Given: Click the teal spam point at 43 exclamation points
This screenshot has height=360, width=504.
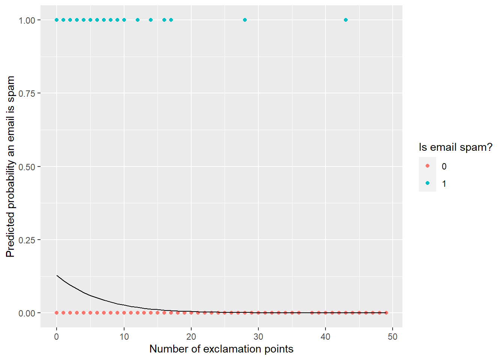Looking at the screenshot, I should pyautogui.click(x=346, y=20).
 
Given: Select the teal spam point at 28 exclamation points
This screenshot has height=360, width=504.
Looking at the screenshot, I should pyautogui.click(x=245, y=20).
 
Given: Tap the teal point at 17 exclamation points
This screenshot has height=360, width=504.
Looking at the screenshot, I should pyautogui.click(x=171, y=20).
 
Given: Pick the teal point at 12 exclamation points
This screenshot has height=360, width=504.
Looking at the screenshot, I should pyautogui.click(x=137, y=20).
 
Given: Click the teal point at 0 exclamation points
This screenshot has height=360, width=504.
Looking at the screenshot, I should pyautogui.click(x=57, y=20).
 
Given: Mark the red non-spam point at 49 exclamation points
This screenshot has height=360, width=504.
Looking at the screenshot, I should pyautogui.click(x=386, y=313).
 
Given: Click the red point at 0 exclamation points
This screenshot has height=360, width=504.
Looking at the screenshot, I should pyautogui.click(x=57, y=313).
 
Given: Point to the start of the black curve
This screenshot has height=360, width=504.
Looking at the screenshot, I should pyautogui.click(x=57, y=276).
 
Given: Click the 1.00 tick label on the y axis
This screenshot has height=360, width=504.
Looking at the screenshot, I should pyautogui.click(x=27, y=20).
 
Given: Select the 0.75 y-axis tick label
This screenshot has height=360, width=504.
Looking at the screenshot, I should pyautogui.click(x=27, y=93).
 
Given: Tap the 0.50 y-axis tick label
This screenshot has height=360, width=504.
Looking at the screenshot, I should pyautogui.click(x=27, y=167).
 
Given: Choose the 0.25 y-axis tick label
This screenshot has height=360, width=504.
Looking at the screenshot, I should pyautogui.click(x=27, y=240).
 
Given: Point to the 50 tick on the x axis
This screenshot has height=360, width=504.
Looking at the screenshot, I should pyautogui.click(x=393, y=337).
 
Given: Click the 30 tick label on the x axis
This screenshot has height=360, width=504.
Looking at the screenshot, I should pyautogui.click(x=258, y=337).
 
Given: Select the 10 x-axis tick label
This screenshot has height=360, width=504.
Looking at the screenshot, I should pyautogui.click(x=124, y=337).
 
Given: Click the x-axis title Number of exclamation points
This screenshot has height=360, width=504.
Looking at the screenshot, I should pyautogui.click(x=221, y=349).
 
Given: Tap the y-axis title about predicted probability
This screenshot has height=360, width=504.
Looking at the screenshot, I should pyautogui.click(x=10, y=166).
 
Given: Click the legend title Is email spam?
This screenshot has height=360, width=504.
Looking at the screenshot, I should pyautogui.click(x=455, y=147).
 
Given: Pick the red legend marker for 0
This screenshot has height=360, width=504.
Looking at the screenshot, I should pyautogui.click(x=427, y=166).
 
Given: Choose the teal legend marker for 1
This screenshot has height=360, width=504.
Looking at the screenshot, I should pyautogui.click(x=427, y=183).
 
